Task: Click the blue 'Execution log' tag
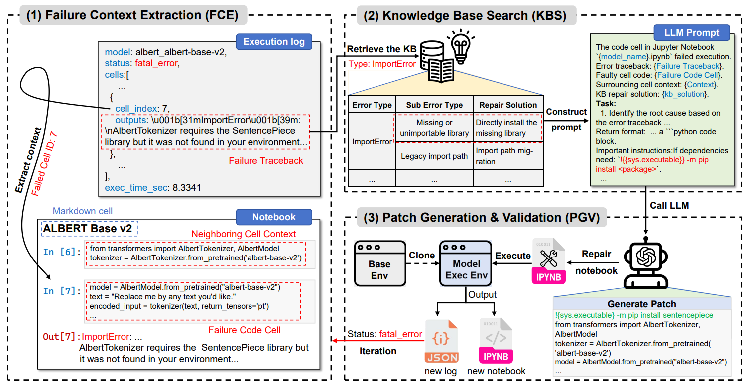274,42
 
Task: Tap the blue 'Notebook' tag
274,217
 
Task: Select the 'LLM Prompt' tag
692,32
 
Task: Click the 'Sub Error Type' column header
434,105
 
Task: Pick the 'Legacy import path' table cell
434,156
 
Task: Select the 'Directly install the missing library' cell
508,128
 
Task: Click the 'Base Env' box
380,263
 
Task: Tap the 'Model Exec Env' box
466,263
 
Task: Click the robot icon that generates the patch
646,262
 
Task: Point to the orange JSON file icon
441,341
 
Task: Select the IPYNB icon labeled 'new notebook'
496,340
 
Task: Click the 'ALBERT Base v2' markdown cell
90,228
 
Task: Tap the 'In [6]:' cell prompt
62,252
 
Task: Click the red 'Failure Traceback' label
266,161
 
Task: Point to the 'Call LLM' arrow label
669,205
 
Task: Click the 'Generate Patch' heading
641,304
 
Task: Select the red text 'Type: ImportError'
382,64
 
